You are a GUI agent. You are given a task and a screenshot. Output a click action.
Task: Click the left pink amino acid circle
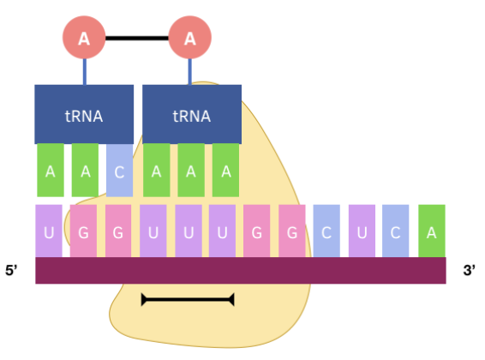84,39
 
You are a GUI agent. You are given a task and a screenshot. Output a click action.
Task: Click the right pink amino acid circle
190,39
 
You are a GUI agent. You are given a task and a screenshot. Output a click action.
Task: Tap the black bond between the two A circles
137,39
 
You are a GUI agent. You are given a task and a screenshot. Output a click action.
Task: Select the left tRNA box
84,114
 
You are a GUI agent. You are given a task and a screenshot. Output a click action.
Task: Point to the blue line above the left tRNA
84,72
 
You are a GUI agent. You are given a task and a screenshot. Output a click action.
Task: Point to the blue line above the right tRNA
190,72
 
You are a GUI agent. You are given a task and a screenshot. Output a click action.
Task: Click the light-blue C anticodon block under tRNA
120,170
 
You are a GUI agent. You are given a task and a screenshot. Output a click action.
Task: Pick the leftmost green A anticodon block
51,170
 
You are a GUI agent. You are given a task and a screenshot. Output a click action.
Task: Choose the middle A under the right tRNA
190,170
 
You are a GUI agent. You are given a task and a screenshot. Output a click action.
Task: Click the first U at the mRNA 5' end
49,231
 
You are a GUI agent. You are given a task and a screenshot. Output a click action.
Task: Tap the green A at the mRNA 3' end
431,231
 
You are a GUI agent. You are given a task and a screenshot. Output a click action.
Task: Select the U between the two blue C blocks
362,231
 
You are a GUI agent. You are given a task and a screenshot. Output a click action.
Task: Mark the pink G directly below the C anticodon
118,231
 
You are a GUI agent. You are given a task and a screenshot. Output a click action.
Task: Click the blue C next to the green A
396,231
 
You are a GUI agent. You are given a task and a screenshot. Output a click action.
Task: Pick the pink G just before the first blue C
292,231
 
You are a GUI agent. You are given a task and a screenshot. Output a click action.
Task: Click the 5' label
14,271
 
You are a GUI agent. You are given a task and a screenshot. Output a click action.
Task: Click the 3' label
470,271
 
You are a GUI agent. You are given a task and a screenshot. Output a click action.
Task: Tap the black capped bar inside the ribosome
188,299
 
